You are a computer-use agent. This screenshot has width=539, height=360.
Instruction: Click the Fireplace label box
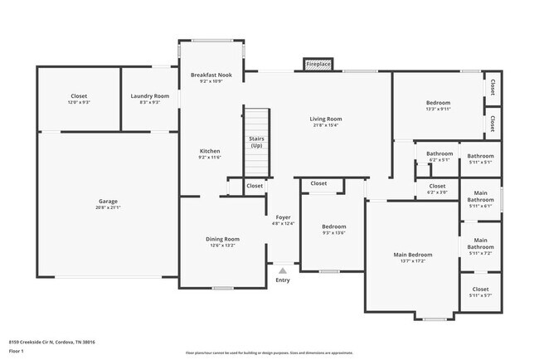318,64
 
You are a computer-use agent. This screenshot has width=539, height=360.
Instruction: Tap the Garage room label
108,201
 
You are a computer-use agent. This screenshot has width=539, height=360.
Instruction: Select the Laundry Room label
150,96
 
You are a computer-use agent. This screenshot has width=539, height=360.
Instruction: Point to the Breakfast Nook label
211,75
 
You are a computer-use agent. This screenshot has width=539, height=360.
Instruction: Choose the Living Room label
326,119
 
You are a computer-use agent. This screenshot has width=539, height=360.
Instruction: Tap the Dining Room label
222,239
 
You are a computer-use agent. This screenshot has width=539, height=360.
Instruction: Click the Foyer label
283,217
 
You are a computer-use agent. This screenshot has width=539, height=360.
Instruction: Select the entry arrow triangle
283,270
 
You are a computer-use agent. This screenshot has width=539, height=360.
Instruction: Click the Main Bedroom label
412,255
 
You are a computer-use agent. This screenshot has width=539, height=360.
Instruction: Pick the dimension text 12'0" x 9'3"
79,103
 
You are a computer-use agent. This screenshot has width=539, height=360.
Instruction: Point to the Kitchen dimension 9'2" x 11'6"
210,157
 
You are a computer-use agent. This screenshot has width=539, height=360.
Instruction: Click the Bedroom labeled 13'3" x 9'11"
437,103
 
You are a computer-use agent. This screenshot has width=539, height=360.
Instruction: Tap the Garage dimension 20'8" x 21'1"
108,207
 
